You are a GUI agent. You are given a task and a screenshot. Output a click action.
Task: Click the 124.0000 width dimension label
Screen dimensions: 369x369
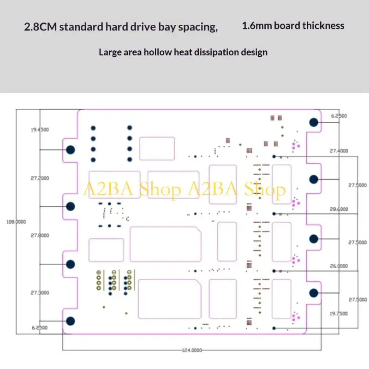coord(192,350)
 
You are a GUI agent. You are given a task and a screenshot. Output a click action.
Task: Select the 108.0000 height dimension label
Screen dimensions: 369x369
coord(16,222)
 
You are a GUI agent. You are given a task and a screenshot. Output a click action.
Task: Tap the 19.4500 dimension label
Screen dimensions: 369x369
coord(40,130)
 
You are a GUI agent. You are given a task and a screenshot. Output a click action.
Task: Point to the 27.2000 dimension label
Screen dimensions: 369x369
coord(40,178)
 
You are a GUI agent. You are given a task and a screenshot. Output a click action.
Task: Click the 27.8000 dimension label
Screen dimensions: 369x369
coord(40,235)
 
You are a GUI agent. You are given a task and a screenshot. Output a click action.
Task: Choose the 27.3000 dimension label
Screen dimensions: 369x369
coord(40,293)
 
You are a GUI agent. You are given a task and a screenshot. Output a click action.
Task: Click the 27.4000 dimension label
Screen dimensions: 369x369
coord(339,151)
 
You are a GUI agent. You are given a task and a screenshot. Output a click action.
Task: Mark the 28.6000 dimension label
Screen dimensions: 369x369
coord(339,209)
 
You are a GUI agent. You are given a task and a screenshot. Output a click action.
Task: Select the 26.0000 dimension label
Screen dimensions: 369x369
coord(339,266)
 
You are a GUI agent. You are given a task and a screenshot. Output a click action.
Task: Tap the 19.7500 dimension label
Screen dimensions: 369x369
coord(339,314)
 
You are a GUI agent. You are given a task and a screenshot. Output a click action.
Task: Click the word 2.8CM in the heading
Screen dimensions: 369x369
coord(41,27)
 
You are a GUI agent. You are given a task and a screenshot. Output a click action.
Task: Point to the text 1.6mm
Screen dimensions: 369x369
coord(257,26)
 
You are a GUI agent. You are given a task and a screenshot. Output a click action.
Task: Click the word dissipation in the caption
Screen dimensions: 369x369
coord(216,52)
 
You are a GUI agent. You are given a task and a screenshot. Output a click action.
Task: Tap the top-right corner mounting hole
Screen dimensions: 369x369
coord(314,122)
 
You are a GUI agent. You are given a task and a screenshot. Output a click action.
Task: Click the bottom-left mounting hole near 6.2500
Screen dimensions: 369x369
coord(71,321)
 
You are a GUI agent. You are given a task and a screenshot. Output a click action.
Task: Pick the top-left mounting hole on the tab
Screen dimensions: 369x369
coord(71,149)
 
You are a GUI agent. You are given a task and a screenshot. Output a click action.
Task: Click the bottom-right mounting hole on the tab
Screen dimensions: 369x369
coord(314,293)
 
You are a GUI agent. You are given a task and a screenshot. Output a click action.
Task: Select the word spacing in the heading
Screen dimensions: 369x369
coord(198,27)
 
